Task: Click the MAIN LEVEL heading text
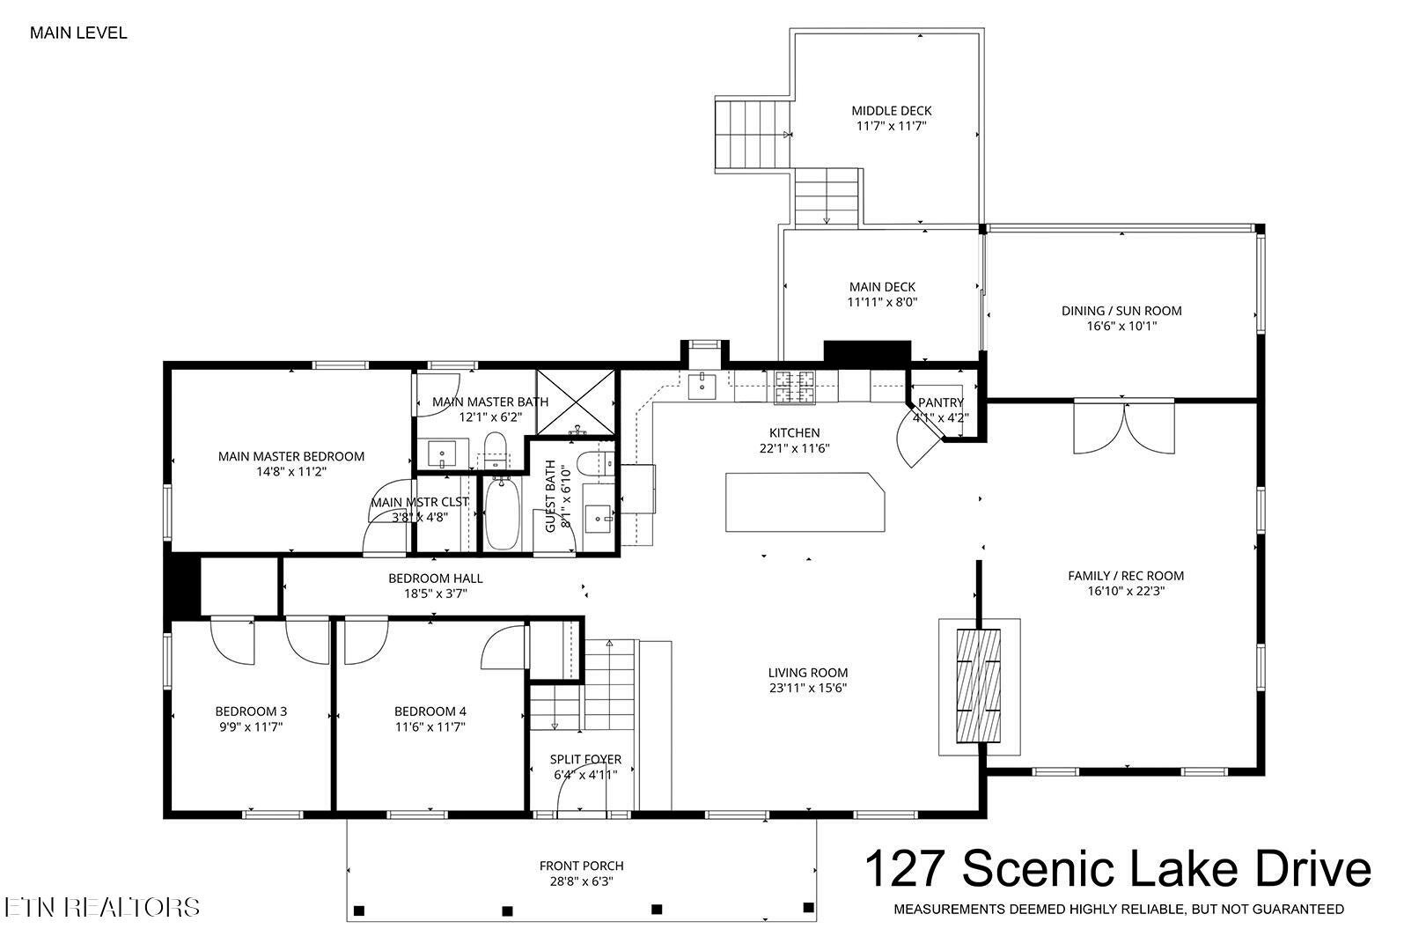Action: point(78,33)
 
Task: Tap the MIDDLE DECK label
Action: point(891,111)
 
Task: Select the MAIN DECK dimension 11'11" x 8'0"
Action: point(882,302)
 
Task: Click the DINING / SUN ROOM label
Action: point(1121,311)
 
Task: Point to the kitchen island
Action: point(805,502)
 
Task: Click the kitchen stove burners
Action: point(795,387)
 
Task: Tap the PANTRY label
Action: point(941,402)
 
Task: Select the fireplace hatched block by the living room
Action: point(979,685)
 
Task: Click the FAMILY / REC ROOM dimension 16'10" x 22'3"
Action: point(1126,591)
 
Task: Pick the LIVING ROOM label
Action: point(808,673)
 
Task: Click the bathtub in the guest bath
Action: point(503,512)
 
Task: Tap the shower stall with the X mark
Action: point(575,402)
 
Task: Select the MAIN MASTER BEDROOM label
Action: point(291,457)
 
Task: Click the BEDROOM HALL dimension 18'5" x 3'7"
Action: point(436,593)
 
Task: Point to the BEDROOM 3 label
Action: point(251,711)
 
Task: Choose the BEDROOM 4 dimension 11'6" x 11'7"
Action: point(430,726)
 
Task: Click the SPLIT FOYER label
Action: point(585,759)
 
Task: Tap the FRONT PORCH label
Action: point(582,866)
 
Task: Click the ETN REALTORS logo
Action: point(102,907)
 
